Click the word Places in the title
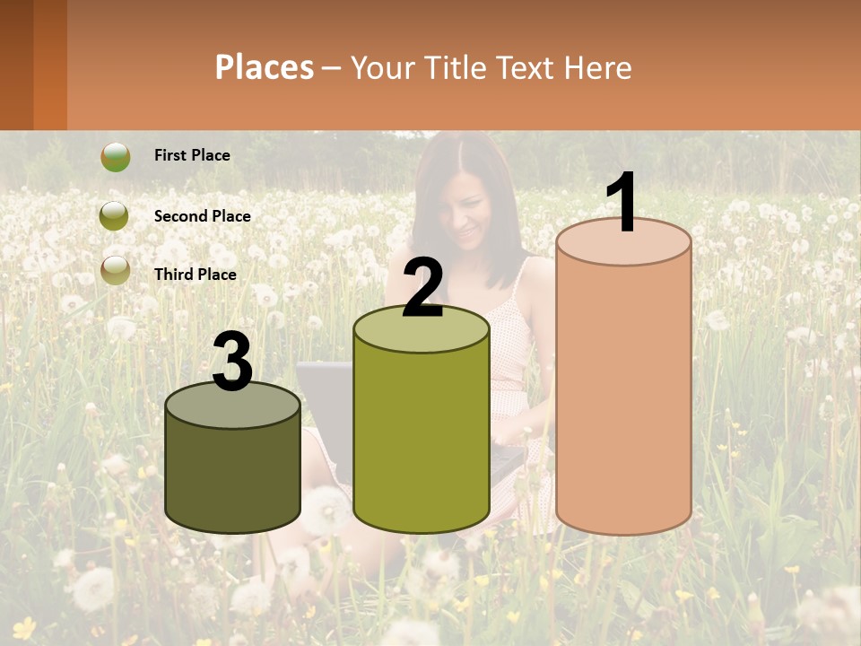265,67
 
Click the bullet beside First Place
115,156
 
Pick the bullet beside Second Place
115,215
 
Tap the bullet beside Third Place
115,270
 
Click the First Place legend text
192,155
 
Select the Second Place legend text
202,216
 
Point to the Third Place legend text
195,275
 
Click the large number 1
622,203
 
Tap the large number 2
422,289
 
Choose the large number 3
232,362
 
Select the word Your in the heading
382,67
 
